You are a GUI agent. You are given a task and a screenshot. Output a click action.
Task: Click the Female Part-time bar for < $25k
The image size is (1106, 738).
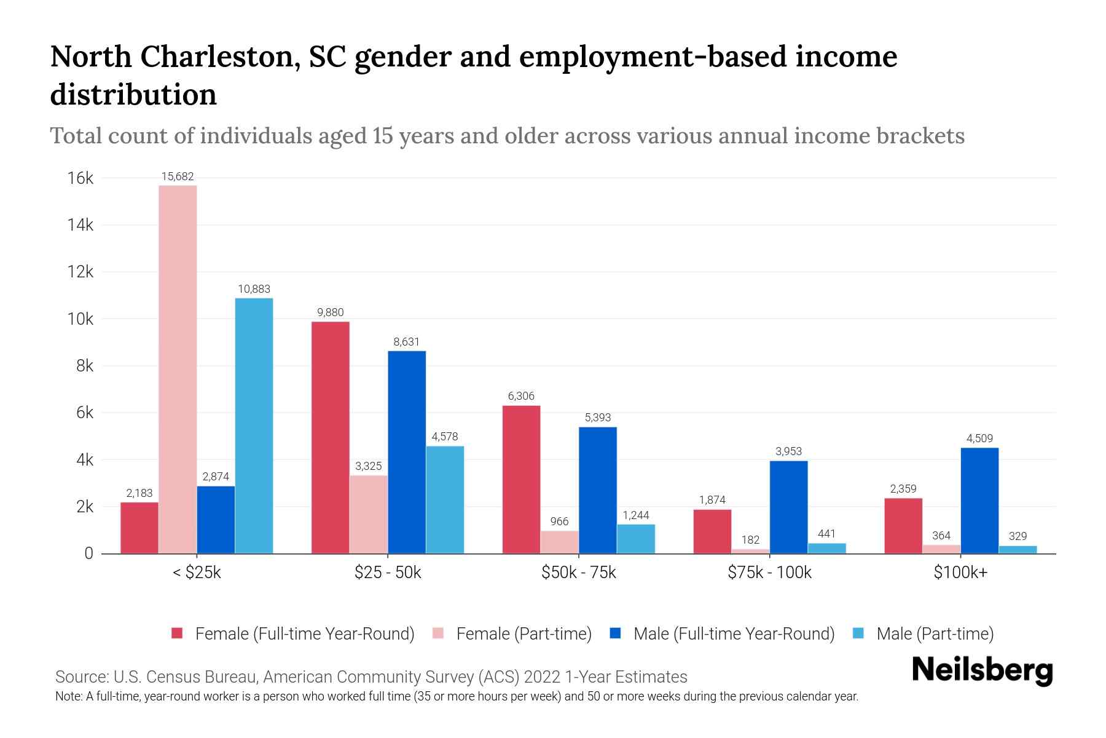(178, 369)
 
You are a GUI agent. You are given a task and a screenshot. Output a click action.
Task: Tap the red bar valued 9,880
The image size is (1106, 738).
(330, 437)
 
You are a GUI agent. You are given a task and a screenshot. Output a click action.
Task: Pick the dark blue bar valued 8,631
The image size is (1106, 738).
(407, 452)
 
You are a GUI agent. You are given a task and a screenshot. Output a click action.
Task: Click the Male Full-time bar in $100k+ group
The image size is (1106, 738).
(979, 501)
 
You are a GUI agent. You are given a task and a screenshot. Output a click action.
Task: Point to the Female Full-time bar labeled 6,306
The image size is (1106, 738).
(521, 480)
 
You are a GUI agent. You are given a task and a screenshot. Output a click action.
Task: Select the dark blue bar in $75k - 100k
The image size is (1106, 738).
(788, 507)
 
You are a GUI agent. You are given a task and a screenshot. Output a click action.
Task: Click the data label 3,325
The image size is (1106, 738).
(368, 466)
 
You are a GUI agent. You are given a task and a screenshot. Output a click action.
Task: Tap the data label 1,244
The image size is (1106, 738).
(635, 515)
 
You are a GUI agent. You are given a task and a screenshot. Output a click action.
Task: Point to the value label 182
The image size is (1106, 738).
(750, 540)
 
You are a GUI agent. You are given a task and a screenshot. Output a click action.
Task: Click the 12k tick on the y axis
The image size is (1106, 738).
(80, 272)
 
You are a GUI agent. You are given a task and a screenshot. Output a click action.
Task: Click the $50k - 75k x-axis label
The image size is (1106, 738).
(578, 573)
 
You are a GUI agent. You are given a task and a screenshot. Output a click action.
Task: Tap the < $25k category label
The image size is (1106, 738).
(197, 573)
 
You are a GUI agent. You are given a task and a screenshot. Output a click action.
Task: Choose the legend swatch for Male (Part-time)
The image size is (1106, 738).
(858, 633)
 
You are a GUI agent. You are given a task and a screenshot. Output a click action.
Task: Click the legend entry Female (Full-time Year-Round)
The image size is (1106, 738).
(305, 633)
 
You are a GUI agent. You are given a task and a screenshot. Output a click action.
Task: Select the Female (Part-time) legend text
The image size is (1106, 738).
(524, 633)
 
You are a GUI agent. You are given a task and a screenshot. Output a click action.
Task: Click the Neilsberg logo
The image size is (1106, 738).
(982, 670)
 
